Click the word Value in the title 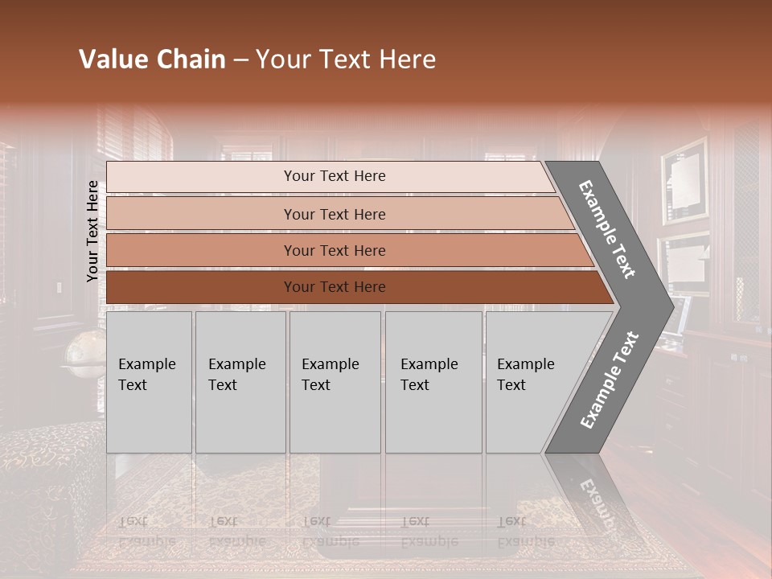(113, 60)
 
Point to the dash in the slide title (240, 60)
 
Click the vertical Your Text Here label (93, 232)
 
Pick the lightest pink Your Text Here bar (335, 176)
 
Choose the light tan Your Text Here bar (335, 214)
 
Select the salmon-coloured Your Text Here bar (335, 250)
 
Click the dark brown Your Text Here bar (335, 287)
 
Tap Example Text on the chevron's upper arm (607, 230)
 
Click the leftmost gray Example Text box (149, 382)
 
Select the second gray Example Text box (240, 382)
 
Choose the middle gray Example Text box (335, 382)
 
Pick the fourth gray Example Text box (433, 382)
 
